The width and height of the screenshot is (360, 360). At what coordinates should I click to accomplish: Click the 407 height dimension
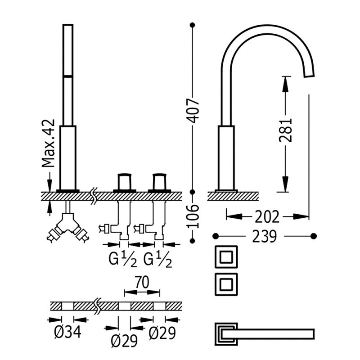click(193, 110)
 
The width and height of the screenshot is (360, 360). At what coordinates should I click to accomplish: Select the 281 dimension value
click(286, 130)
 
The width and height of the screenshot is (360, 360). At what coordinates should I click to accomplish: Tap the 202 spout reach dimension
click(267, 217)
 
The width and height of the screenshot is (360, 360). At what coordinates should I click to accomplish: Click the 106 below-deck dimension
click(193, 216)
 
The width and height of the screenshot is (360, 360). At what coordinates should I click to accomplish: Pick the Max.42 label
click(49, 144)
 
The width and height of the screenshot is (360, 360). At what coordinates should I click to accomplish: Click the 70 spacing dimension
click(141, 282)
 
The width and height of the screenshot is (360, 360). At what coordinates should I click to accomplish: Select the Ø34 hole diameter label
click(67, 333)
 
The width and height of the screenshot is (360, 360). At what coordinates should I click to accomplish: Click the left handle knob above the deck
click(124, 181)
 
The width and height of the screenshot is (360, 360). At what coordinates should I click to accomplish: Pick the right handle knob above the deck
click(159, 181)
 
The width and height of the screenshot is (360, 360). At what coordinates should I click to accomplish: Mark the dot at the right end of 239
click(314, 236)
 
